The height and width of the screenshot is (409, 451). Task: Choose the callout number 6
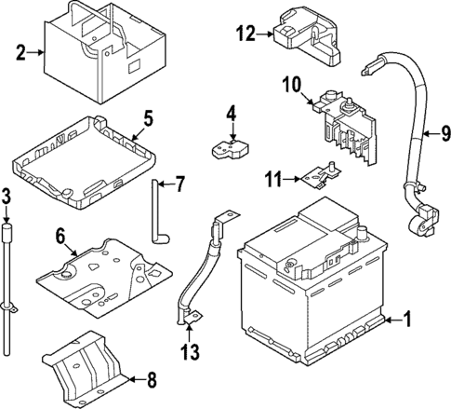[60, 238]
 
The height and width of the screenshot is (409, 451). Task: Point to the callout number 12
[245, 34]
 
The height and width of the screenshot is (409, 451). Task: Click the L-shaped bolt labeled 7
[156, 214]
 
